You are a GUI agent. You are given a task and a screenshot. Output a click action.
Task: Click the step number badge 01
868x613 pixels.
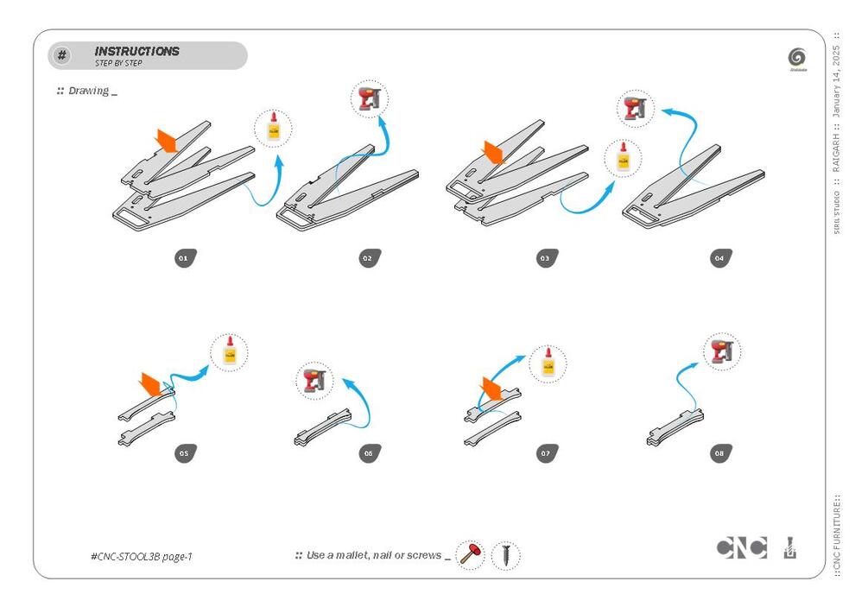tap(183, 257)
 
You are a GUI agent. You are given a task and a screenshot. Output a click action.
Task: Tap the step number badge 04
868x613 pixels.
tap(720, 257)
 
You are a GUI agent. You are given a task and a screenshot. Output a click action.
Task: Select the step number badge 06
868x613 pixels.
tap(369, 453)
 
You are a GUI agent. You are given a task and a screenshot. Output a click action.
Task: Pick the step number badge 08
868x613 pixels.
tap(720, 453)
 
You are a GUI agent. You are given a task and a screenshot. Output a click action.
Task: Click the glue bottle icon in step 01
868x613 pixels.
tap(274, 130)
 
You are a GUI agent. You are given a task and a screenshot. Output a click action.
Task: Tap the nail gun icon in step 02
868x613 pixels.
tap(370, 99)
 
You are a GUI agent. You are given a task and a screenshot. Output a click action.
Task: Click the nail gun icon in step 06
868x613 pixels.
tap(315, 381)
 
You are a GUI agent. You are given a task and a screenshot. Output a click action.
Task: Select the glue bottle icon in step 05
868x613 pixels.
tap(229, 353)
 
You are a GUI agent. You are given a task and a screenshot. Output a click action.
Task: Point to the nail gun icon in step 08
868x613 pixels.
tap(722, 351)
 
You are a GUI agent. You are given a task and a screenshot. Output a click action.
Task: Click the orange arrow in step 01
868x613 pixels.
tap(166, 140)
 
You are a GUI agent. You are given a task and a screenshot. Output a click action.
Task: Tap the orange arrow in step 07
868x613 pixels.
tap(491, 387)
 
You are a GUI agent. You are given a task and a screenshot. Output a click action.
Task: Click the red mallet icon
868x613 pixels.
tap(470, 554)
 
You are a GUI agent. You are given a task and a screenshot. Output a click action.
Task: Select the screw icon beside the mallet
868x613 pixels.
tap(506, 555)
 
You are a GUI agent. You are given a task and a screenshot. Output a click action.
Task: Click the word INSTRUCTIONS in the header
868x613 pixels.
tap(137, 52)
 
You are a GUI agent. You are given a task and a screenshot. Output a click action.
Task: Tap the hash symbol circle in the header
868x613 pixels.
tap(62, 56)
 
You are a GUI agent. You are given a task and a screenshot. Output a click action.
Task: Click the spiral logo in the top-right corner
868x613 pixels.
tap(796, 57)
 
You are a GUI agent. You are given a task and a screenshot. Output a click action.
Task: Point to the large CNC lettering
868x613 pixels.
tap(741, 547)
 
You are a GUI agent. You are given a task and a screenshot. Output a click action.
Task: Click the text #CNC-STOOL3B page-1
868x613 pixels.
tap(141, 556)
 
